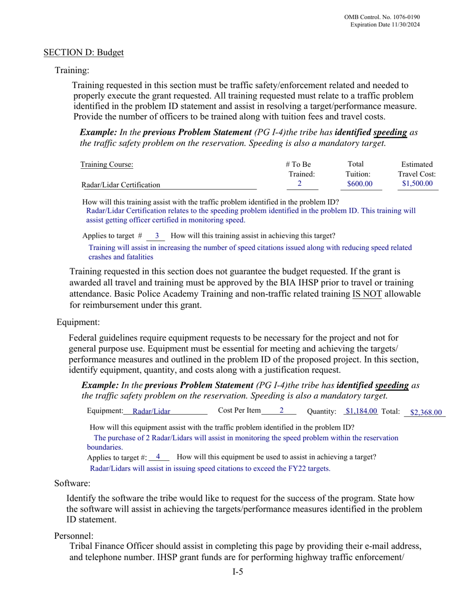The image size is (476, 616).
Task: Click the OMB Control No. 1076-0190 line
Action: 382,17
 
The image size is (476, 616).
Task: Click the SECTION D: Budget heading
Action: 83,53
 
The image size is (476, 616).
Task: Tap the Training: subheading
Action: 72,71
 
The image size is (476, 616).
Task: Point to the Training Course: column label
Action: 107,164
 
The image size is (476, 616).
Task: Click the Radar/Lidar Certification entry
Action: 121,185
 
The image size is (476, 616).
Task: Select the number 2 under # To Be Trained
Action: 300,184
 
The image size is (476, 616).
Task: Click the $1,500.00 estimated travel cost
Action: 417,184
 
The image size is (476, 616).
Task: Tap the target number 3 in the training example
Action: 157,235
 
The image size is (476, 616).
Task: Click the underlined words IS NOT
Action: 367,294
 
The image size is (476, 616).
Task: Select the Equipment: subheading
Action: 78,322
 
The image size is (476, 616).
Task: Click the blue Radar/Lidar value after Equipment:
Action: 151,412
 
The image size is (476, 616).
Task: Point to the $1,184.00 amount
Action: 361,411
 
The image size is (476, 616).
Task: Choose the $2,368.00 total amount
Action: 426,413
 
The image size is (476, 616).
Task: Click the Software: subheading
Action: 72,483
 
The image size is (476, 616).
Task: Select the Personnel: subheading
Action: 74,536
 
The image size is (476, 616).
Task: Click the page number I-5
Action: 237,572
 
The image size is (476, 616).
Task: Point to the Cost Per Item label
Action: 240,411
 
